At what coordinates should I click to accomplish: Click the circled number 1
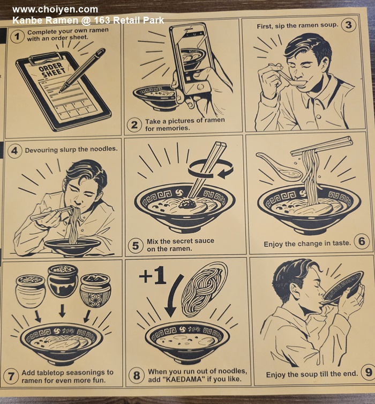coord(17,36)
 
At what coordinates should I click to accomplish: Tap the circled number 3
coord(348,25)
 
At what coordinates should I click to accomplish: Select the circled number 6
coord(362,241)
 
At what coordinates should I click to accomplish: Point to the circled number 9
coord(369,372)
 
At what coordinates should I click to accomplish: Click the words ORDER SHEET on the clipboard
coord(52,70)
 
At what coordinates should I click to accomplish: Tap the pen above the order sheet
coord(82,70)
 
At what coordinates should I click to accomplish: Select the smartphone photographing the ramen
coord(190,58)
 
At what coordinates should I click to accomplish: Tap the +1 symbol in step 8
coord(152,275)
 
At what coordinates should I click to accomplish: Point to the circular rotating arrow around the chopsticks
coord(211,169)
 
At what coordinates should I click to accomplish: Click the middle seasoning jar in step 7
coord(63,281)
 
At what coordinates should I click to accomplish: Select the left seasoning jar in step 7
coord(31,291)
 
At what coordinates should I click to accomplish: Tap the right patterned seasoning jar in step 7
coord(95,291)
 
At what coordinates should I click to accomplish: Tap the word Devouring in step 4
coord(41,150)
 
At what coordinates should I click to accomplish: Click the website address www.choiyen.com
coord(55,10)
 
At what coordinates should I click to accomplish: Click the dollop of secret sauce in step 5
coord(187,203)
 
